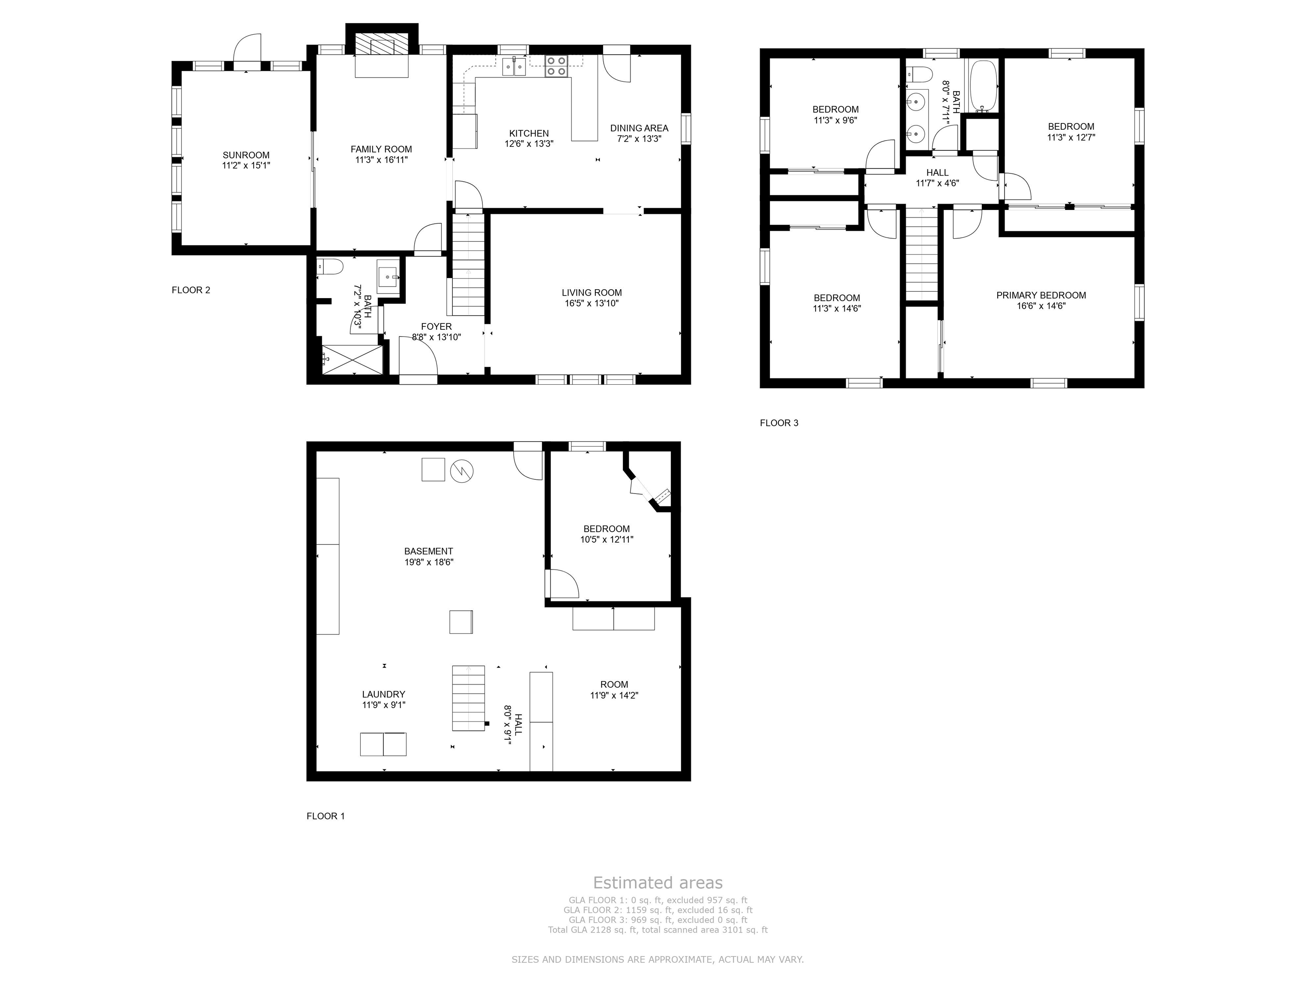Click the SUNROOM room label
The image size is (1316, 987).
(246, 155)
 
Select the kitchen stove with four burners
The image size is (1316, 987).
(556, 66)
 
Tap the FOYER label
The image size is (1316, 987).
(436, 326)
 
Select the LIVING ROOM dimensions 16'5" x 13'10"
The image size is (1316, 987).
(592, 303)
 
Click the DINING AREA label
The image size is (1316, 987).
(639, 128)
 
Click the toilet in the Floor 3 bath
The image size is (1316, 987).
(918, 75)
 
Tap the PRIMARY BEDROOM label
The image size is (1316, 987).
(1041, 295)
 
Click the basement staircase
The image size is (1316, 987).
(468, 698)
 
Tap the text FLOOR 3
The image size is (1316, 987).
(779, 423)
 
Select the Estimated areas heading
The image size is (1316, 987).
(658, 883)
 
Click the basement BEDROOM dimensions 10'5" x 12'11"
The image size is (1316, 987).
(607, 540)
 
